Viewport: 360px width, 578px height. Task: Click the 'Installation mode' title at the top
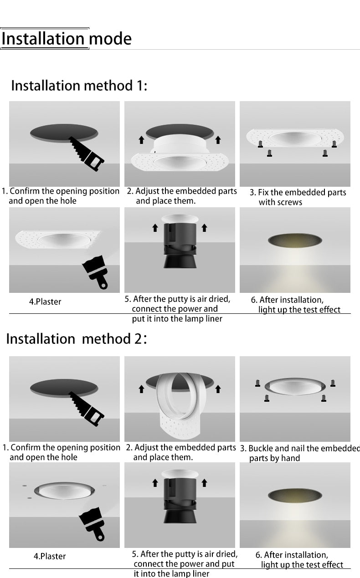[x=66, y=39]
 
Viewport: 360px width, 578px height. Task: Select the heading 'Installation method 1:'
[x=79, y=86]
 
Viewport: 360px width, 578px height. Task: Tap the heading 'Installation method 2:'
[x=76, y=339]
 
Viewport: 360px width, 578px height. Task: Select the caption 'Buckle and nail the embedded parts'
[x=300, y=453]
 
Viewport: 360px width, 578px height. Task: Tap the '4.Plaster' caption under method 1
[x=45, y=302]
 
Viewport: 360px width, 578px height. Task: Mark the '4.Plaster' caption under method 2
[x=50, y=556]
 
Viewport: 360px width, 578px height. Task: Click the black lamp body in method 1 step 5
[x=180, y=246]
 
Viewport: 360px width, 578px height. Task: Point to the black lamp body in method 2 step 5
[x=180, y=501]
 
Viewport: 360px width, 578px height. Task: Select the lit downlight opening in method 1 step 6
[x=295, y=240]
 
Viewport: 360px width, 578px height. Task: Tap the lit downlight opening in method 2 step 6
[x=295, y=496]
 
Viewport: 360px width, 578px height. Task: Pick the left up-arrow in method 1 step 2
[x=141, y=139]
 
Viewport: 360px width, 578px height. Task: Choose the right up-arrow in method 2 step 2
[x=218, y=389]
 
